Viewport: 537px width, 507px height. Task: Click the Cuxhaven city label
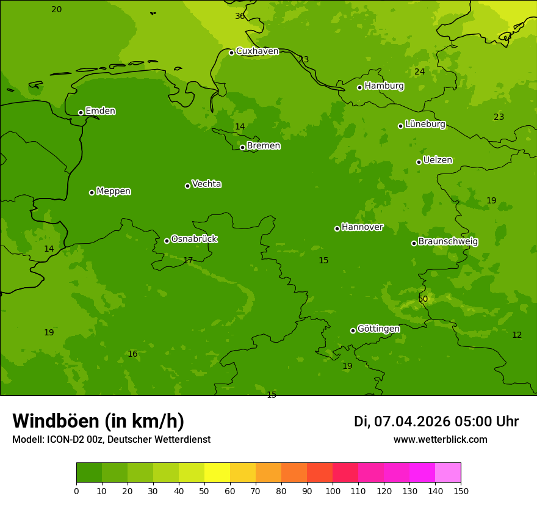(257, 51)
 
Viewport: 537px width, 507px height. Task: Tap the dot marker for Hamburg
(359, 87)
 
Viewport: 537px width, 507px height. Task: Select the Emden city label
(100, 111)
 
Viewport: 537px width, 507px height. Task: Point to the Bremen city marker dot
(242, 147)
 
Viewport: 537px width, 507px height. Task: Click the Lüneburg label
(425, 125)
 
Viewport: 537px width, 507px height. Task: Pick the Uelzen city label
(438, 161)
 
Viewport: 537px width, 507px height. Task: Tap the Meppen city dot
(92, 192)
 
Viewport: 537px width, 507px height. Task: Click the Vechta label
(206, 184)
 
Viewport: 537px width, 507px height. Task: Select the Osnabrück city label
(193, 239)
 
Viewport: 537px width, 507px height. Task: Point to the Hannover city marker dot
(337, 228)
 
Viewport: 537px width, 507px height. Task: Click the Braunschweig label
(448, 242)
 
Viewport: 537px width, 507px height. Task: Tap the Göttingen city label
(378, 329)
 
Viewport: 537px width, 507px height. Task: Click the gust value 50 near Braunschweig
(423, 299)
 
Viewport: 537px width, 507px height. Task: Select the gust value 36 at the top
(240, 16)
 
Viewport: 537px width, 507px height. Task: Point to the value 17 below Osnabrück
(188, 261)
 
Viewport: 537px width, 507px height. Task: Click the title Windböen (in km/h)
(98, 421)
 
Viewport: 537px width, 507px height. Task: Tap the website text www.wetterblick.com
(440, 440)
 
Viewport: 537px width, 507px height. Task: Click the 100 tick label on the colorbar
(333, 491)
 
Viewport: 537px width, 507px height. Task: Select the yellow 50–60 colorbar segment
(217, 473)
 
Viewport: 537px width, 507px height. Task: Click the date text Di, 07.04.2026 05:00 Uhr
(436, 421)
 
